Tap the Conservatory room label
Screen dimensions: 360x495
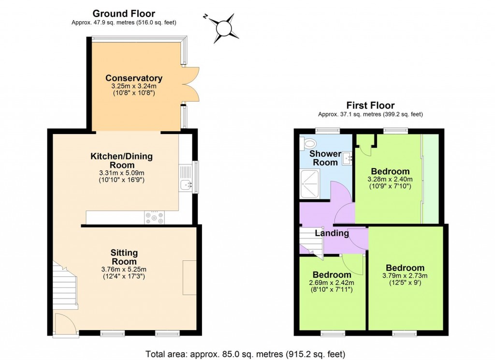134,78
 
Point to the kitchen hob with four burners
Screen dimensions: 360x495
154,218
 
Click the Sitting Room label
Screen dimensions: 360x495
124,257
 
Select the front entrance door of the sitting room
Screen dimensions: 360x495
64,324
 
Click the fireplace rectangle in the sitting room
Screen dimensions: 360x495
189,277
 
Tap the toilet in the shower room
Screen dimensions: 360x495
308,143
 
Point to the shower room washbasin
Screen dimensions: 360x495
347,158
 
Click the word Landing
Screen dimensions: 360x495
332,233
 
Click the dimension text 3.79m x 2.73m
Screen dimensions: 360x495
405,276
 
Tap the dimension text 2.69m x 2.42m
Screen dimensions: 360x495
332,283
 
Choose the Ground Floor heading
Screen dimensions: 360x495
124,14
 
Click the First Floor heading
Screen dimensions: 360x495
370,105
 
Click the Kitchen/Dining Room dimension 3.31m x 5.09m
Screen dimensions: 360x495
121,173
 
